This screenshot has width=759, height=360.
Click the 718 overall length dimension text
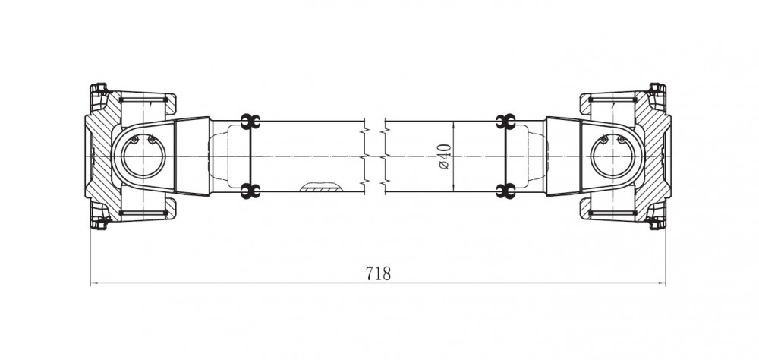pos(378,273)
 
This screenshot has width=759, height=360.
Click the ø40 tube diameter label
pos(445,156)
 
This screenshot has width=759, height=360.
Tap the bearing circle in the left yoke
pos(143,156)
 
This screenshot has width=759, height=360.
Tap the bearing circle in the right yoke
pos(613,156)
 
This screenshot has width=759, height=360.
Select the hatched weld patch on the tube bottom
pos(320,188)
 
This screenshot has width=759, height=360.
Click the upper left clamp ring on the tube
pos(250,122)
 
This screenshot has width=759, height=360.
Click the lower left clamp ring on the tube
pos(250,191)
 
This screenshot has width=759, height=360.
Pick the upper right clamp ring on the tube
pos(505,122)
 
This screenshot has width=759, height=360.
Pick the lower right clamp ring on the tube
pos(505,191)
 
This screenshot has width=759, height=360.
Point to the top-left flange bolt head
pos(99,88)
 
